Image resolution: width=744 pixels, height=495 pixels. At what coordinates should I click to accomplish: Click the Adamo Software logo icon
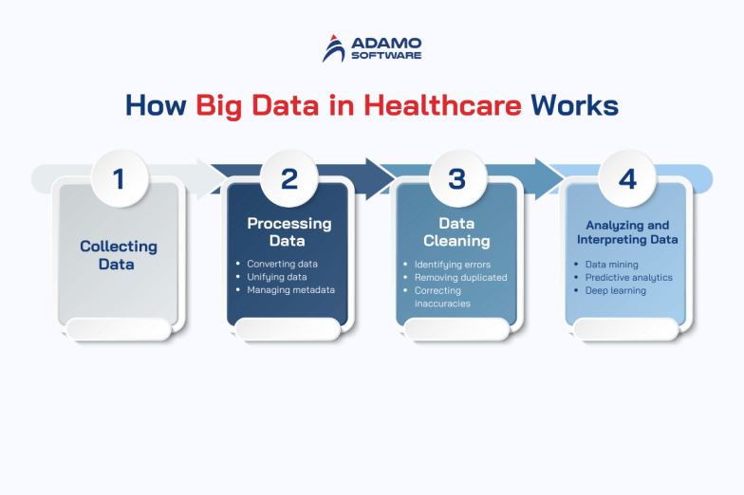(335, 48)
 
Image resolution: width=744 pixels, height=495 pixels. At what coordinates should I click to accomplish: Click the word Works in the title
(575, 105)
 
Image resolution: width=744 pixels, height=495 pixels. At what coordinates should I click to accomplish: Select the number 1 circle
(119, 178)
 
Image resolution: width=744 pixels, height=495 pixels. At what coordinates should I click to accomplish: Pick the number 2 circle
(289, 178)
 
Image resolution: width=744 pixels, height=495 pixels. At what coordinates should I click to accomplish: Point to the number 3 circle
(457, 178)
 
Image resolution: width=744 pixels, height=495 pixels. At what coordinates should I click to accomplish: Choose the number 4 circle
(626, 178)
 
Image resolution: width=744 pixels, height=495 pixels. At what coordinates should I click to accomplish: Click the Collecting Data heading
(119, 255)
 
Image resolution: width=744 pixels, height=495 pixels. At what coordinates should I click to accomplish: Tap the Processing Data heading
(289, 232)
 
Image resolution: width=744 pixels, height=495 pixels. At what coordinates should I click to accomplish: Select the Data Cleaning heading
(456, 232)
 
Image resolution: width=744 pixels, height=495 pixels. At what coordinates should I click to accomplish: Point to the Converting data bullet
(282, 264)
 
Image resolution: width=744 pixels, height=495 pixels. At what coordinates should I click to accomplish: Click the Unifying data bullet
(277, 277)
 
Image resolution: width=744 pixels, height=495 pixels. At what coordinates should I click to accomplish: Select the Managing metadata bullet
(291, 290)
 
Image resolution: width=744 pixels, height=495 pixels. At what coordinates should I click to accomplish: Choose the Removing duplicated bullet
(460, 277)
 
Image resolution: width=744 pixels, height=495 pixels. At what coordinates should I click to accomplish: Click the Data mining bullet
(612, 265)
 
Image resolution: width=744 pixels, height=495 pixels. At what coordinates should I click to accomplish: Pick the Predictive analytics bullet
(628, 278)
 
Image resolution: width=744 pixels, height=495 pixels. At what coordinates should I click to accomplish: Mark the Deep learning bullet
(616, 291)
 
